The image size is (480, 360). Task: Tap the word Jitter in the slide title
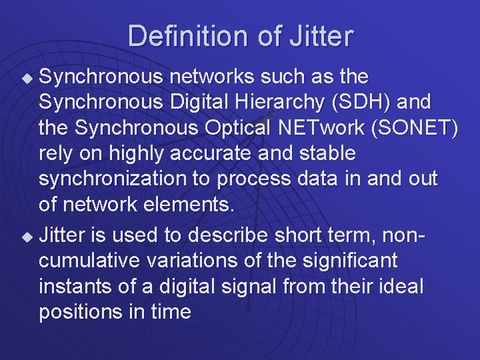pyautogui.click(x=321, y=36)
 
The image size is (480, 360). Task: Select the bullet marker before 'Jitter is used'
pyautogui.click(x=27, y=235)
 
